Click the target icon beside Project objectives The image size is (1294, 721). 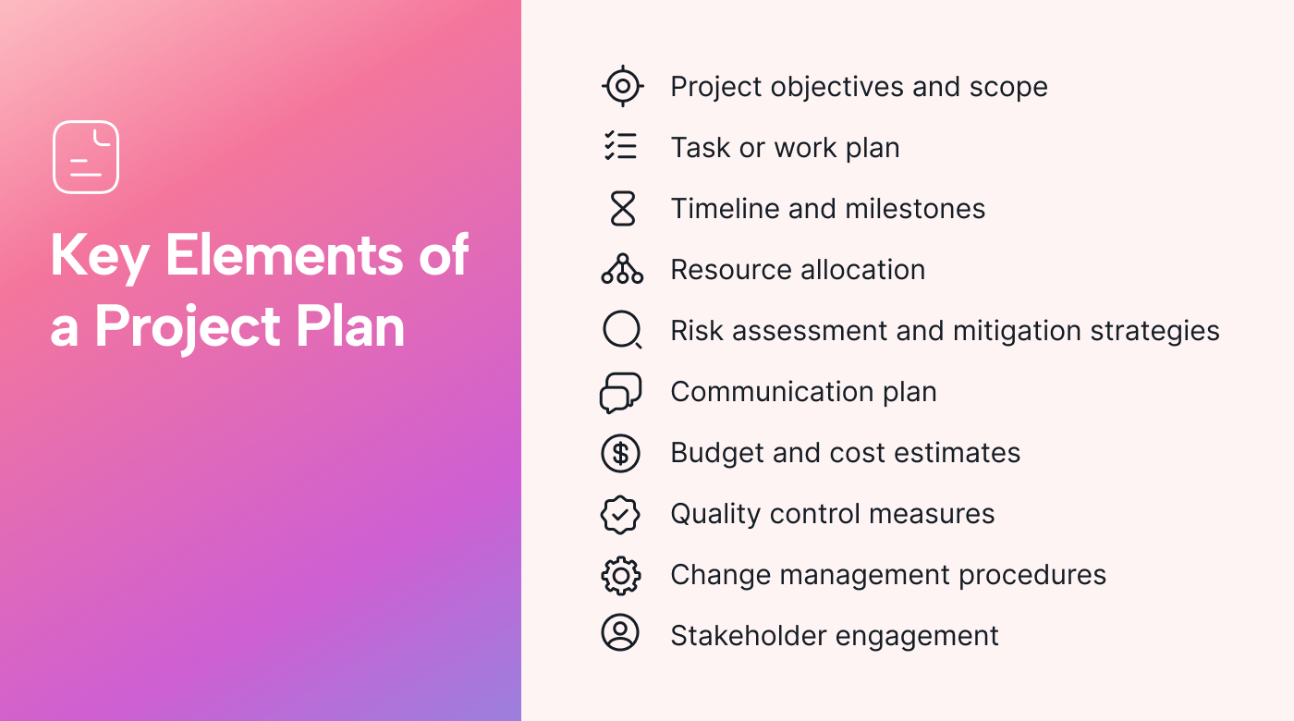622,87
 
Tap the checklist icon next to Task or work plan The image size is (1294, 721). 621,147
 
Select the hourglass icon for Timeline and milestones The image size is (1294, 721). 622,209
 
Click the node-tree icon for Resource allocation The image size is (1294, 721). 622,269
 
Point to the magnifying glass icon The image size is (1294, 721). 622,330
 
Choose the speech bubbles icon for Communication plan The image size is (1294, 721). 620,392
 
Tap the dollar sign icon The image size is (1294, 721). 621,453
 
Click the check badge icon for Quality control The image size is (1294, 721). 620,514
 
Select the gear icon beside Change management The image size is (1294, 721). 621,575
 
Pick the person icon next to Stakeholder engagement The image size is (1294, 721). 620,634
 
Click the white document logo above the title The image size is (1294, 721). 86,157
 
